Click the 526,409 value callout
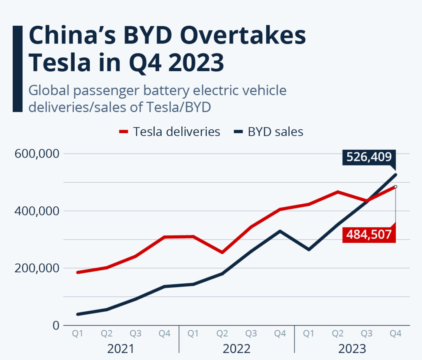coord(369,157)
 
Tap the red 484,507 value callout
coord(369,235)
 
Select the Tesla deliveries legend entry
coord(170,132)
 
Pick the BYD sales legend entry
coord(269,132)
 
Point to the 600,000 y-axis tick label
coord(37,153)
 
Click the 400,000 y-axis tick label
coord(37,211)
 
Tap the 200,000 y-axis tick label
coord(37,268)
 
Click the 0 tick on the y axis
coord(56,325)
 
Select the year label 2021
coord(121,349)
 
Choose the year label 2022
coord(236,349)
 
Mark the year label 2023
coord(352,349)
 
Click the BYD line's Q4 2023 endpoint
coord(396,174)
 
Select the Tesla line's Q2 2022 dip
coord(222,252)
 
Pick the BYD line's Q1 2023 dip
coord(309,249)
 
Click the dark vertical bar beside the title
coord(17,69)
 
